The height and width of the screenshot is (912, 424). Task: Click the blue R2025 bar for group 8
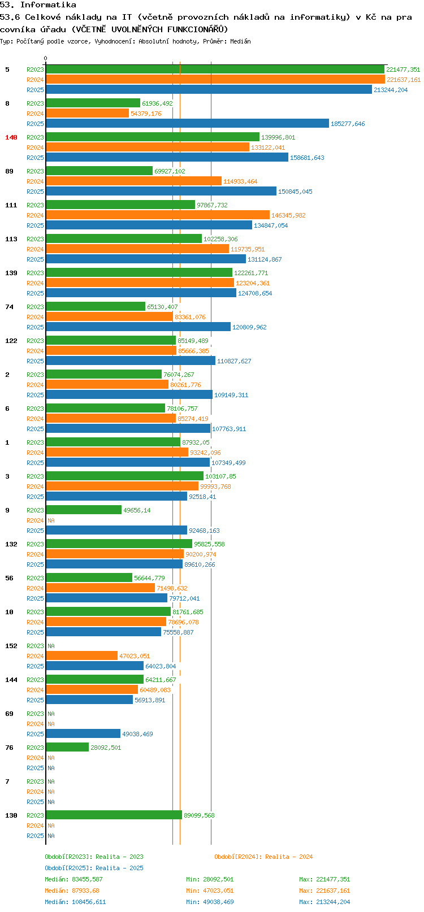[187, 123]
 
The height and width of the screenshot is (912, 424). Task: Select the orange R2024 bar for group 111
[158, 215]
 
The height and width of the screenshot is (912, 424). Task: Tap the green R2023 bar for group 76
[67, 747]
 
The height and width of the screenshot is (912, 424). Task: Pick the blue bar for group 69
[83, 733]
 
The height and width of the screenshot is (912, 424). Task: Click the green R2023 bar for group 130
[114, 815]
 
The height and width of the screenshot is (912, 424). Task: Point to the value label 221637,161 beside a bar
[404, 80]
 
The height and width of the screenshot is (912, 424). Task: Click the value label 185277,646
[348, 124]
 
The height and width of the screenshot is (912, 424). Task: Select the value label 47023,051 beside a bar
[135, 656]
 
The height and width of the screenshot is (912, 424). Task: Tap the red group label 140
[11, 137]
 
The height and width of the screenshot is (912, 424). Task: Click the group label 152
[11, 646]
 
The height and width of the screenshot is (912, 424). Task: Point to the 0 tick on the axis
[45, 58]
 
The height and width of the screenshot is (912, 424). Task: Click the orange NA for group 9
[51, 520]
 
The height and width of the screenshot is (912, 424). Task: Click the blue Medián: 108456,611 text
[75, 902]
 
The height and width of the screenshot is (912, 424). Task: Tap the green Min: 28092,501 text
[210, 879]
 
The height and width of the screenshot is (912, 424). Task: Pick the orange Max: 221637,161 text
[325, 891]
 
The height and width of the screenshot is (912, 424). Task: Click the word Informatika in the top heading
[48, 5]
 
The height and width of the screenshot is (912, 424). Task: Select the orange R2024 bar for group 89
[133, 181]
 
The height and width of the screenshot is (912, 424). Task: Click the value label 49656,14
[137, 510]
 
